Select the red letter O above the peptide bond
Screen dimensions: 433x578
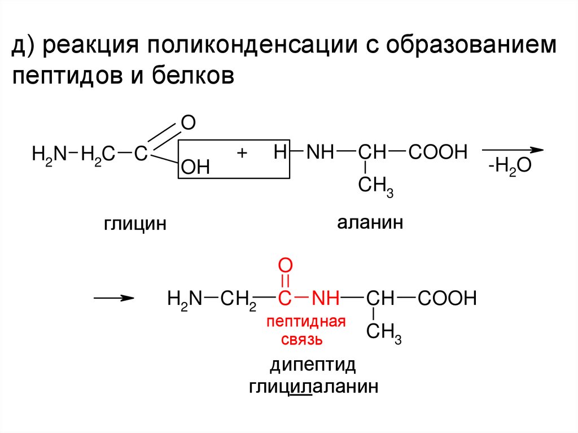(x=286, y=265)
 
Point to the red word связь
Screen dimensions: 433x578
(x=302, y=339)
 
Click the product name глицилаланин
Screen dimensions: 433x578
(x=313, y=387)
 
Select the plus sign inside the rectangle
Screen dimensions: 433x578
(x=243, y=152)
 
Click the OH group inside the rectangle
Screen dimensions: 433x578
(x=195, y=167)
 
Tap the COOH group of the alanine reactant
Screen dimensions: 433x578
(x=439, y=152)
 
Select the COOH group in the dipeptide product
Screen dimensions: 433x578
(x=448, y=298)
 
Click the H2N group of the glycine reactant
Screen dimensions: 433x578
(x=49, y=153)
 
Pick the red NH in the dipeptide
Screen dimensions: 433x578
(x=326, y=298)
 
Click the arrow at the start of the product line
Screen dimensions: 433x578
(x=113, y=298)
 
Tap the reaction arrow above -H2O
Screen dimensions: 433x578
(x=512, y=150)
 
